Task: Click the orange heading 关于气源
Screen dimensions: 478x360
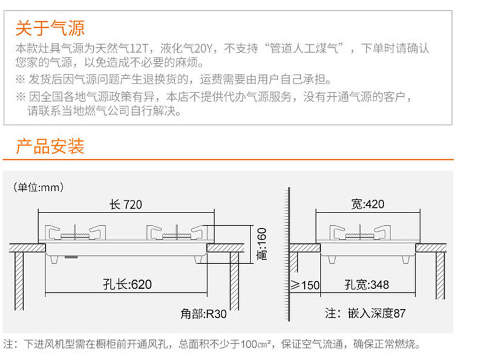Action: (50, 28)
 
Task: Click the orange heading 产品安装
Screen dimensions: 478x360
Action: (50, 146)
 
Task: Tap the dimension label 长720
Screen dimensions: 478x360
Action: (126, 205)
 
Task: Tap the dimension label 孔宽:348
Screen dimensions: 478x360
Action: (367, 284)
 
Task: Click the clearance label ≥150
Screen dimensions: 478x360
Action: (306, 284)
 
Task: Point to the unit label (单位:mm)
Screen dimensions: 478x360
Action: (38, 187)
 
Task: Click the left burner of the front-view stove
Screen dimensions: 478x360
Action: (74, 233)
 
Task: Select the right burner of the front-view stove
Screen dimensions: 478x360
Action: (174, 233)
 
